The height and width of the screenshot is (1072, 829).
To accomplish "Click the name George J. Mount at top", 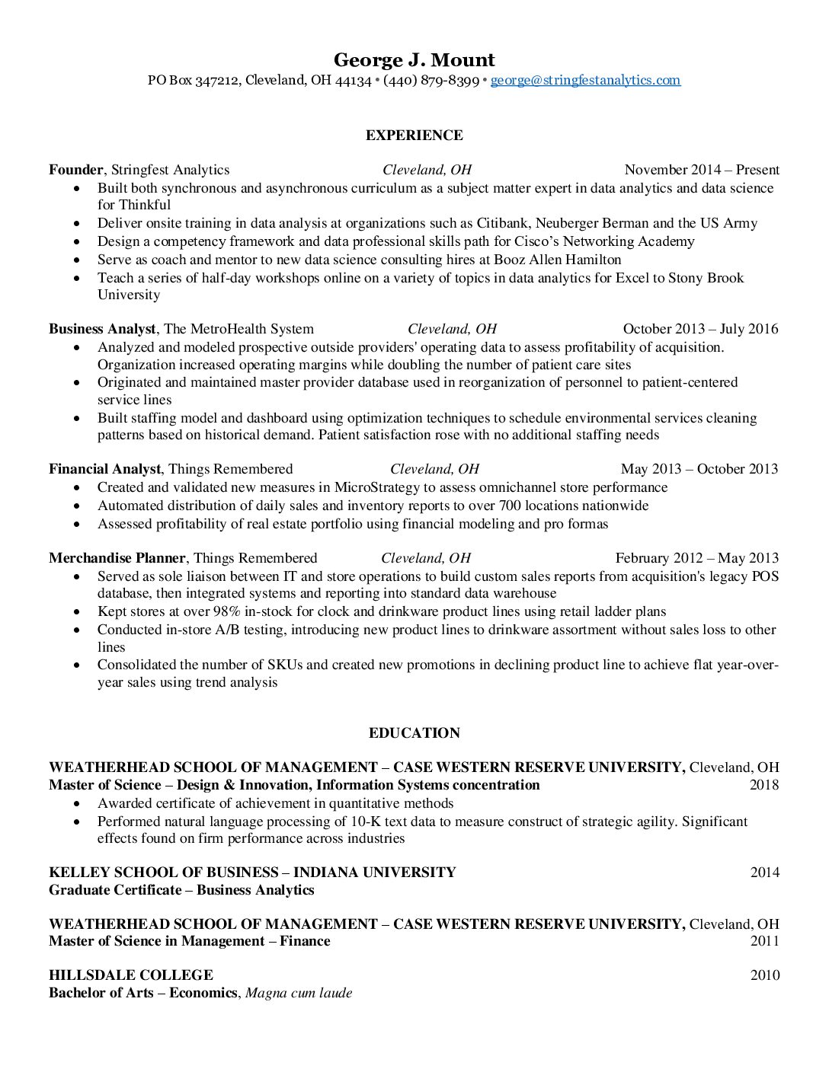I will pyautogui.click(x=414, y=60).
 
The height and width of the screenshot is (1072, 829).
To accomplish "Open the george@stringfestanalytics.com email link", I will pyautogui.click(x=585, y=80).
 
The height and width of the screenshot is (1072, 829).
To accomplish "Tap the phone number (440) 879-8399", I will pyautogui.click(x=431, y=80).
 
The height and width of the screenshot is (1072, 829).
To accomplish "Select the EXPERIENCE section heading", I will pyautogui.click(x=414, y=136).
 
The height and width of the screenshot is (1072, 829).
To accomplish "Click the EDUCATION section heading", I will pyautogui.click(x=414, y=733).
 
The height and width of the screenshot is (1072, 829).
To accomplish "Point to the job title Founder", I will pyautogui.click(x=75, y=170).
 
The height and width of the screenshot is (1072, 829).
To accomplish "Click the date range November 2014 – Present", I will pyautogui.click(x=701, y=170).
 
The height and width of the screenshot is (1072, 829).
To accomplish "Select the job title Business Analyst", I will pyautogui.click(x=102, y=329).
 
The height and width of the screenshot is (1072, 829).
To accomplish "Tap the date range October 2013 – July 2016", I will pyautogui.click(x=700, y=329).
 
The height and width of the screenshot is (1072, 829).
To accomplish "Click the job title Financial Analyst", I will pyautogui.click(x=104, y=469).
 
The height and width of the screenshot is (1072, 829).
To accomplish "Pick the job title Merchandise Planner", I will pyautogui.click(x=117, y=558).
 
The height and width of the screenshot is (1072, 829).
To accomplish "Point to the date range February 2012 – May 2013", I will pyautogui.click(x=696, y=558).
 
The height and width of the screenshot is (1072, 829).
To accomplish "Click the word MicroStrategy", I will pyautogui.click(x=377, y=487).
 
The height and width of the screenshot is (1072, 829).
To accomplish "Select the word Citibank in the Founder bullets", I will pyautogui.click(x=503, y=223).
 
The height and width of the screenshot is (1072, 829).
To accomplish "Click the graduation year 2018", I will pyautogui.click(x=764, y=785).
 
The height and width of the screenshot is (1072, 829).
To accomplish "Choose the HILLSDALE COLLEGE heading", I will pyautogui.click(x=130, y=975).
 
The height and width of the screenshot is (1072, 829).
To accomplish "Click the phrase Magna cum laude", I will pyautogui.click(x=299, y=993).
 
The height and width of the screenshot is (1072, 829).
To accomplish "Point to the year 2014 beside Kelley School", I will pyautogui.click(x=764, y=873).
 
